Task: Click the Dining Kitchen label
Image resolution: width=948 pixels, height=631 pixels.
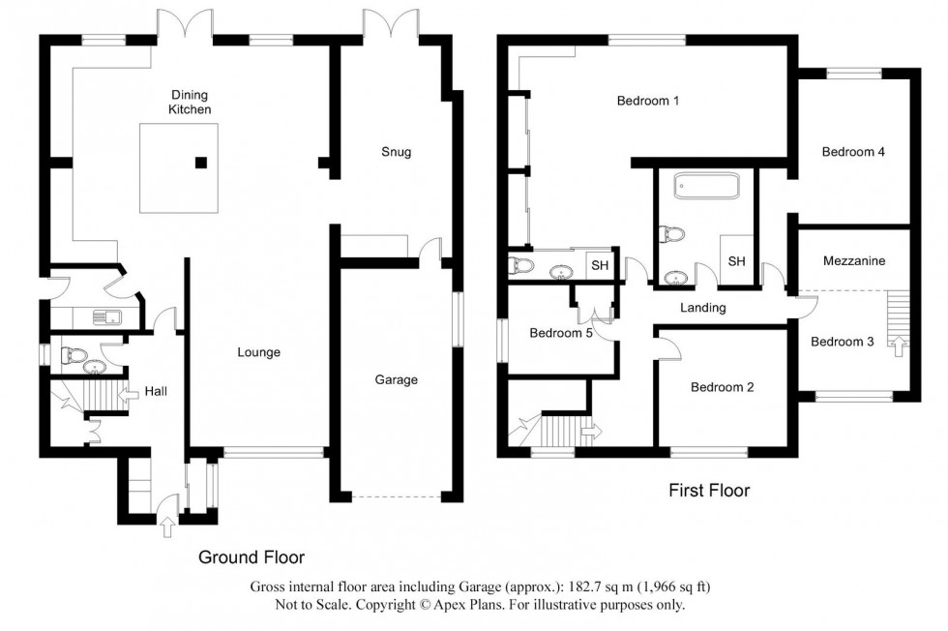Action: [x=191, y=103]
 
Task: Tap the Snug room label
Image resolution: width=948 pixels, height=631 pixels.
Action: [x=397, y=152]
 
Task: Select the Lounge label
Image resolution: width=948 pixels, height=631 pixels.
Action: [x=259, y=352]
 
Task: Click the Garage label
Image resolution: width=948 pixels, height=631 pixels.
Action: [x=397, y=379]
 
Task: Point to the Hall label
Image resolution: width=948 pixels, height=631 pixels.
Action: [x=156, y=392]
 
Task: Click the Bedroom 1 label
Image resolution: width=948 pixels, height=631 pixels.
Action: [x=648, y=101]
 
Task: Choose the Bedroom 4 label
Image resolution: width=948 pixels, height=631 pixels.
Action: [x=854, y=152]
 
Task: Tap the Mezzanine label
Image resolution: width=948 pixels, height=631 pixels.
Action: [x=854, y=261]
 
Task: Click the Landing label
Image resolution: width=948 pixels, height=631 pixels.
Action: [x=702, y=308]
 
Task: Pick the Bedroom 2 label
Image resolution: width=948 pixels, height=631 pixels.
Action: [x=723, y=387]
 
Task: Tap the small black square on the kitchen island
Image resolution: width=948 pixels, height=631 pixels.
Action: [x=201, y=163]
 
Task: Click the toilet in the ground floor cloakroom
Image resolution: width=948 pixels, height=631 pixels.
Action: [x=70, y=355]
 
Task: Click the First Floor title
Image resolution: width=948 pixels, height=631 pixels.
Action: [x=709, y=491]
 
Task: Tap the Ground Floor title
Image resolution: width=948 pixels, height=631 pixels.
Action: [x=252, y=557]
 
